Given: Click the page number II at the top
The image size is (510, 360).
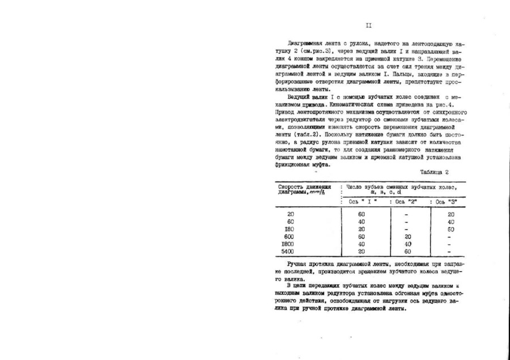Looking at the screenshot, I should click(368, 26).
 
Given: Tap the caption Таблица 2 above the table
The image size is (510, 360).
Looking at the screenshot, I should click(435, 171).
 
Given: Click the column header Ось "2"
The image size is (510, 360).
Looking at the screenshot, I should click(407, 201).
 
